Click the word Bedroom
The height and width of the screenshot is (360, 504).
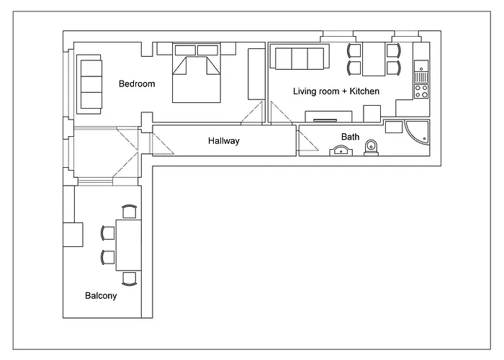(x=137, y=84)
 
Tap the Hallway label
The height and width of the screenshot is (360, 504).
(x=223, y=141)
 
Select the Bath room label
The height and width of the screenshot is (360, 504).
(x=350, y=136)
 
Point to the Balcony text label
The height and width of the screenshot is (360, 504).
(x=101, y=295)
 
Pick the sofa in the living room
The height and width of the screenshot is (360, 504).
(x=298, y=58)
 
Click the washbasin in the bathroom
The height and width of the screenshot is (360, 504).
(x=341, y=150)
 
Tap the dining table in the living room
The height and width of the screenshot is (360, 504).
(x=373, y=59)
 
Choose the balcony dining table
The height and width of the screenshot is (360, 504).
(x=128, y=245)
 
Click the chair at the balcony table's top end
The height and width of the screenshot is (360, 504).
(x=129, y=211)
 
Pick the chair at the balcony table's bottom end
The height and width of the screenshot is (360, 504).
(x=129, y=279)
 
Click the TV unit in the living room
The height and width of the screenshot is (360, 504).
(x=328, y=117)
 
